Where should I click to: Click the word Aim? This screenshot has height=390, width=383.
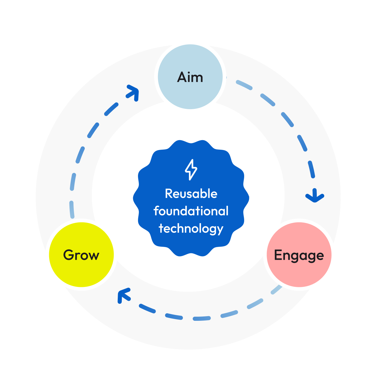point(190,77)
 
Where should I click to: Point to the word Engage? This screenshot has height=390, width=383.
point(299,255)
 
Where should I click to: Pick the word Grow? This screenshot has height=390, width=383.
point(81,255)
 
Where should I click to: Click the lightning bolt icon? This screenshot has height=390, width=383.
point(191,170)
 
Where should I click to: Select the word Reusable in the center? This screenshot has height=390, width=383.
point(191,194)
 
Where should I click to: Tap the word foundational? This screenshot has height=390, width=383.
point(191,211)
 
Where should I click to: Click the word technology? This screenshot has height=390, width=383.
point(191,229)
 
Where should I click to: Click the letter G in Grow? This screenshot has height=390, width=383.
point(68,255)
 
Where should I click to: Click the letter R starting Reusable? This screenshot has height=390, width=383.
point(168,194)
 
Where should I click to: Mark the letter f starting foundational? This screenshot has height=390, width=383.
point(156,211)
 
